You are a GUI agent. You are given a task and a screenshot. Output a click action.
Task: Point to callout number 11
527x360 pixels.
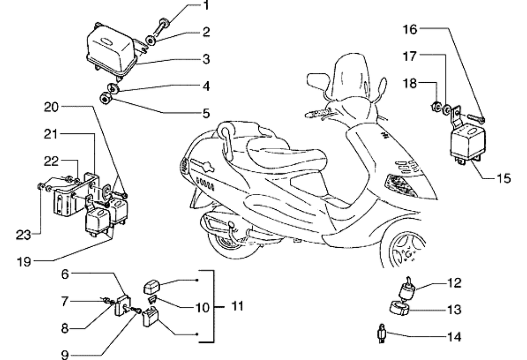(x=238, y=306)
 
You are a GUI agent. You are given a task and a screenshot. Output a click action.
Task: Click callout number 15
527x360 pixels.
(x=504, y=178)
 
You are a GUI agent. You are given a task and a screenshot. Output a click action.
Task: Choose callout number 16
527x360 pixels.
(x=411, y=30)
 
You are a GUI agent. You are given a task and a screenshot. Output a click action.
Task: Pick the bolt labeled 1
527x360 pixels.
(x=163, y=25)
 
